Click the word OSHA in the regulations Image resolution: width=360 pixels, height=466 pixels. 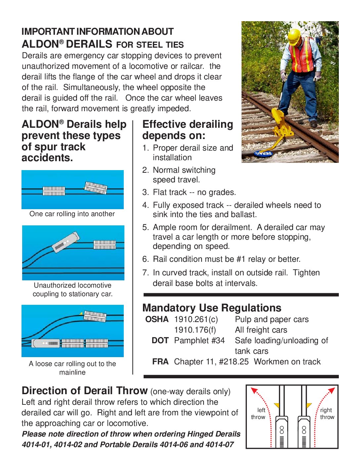click(157, 319)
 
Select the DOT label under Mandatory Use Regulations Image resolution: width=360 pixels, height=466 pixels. click(160, 341)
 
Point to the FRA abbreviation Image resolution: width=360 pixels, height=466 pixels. click(160, 362)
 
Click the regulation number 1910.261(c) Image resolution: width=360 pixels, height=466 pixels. click(196, 319)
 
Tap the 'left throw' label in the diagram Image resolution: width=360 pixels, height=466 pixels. click(258, 414)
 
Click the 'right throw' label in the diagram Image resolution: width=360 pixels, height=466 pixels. click(327, 414)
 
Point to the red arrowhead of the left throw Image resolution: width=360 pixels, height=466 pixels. click(254, 390)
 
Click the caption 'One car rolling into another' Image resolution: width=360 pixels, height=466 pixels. click(72, 214)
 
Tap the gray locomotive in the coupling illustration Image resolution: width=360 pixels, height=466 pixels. click(66, 242)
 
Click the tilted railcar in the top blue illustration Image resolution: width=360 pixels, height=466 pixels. click(96, 187)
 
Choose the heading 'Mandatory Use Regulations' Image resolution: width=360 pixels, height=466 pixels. click(212, 308)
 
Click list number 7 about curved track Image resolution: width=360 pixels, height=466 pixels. click(146, 273)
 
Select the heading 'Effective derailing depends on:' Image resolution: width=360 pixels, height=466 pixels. click(188, 130)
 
